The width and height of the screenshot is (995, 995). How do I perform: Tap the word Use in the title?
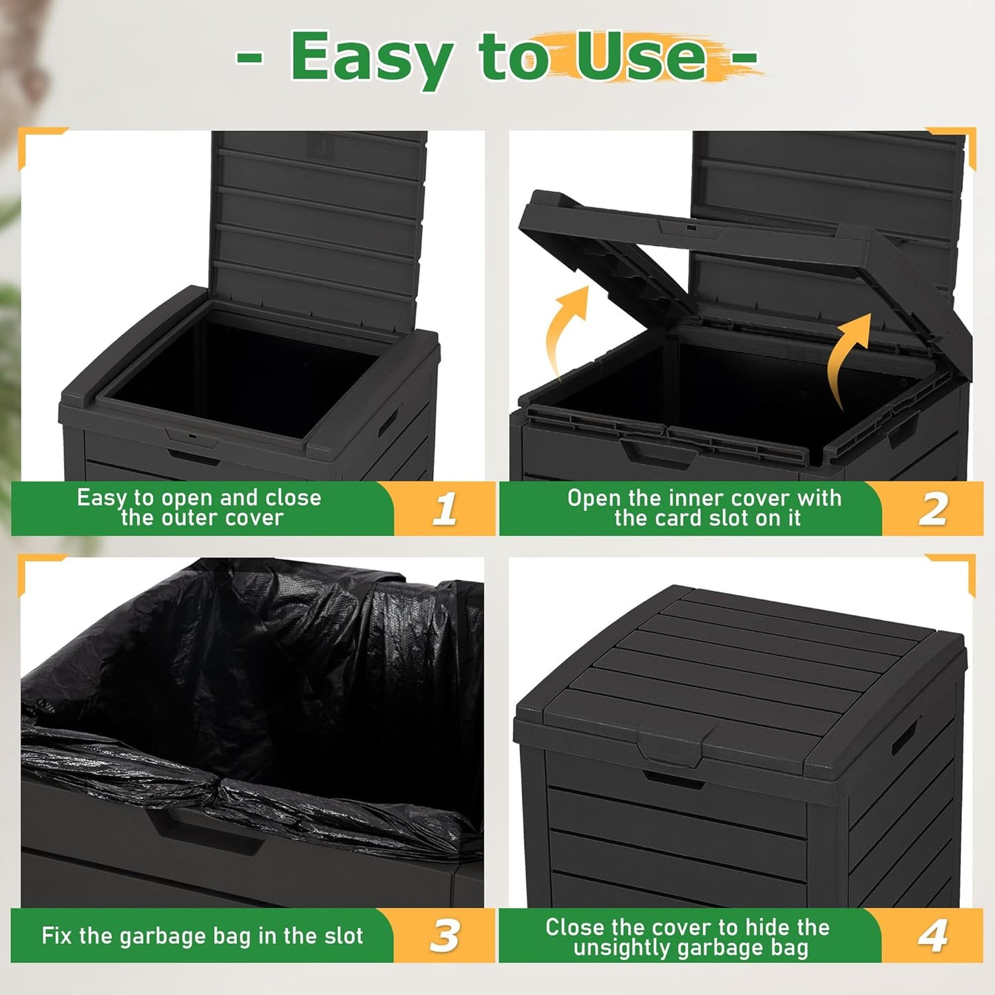[640, 56]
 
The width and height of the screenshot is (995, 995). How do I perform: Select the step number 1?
[445, 509]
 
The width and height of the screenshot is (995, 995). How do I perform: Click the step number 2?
[933, 509]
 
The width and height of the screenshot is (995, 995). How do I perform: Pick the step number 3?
[445, 936]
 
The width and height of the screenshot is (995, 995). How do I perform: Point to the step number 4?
[933, 936]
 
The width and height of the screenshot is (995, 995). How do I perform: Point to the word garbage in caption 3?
[164, 936]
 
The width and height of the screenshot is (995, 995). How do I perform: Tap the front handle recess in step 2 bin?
[654, 454]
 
